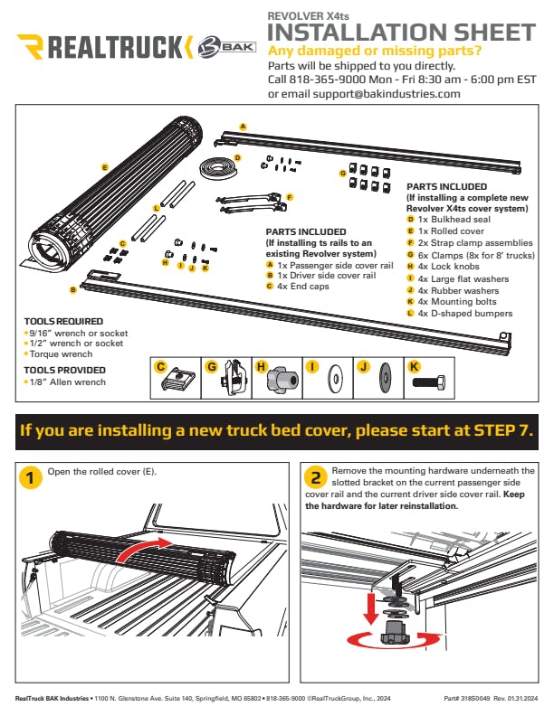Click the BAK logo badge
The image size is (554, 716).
(x=226, y=47)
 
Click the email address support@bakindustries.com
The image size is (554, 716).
(x=387, y=94)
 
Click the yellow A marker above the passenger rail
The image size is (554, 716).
(x=244, y=127)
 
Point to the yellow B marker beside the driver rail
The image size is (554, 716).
(x=72, y=290)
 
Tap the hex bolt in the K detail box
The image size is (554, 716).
(x=429, y=382)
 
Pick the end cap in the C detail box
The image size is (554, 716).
(x=177, y=380)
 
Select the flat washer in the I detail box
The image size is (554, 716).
(x=335, y=379)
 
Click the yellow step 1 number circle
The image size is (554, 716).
(x=31, y=478)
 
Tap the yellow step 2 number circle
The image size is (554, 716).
(x=316, y=477)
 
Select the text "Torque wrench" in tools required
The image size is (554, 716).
(x=61, y=353)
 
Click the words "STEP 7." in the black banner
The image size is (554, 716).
(x=503, y=430)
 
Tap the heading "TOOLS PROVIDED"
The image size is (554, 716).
(x=64, y=370)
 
